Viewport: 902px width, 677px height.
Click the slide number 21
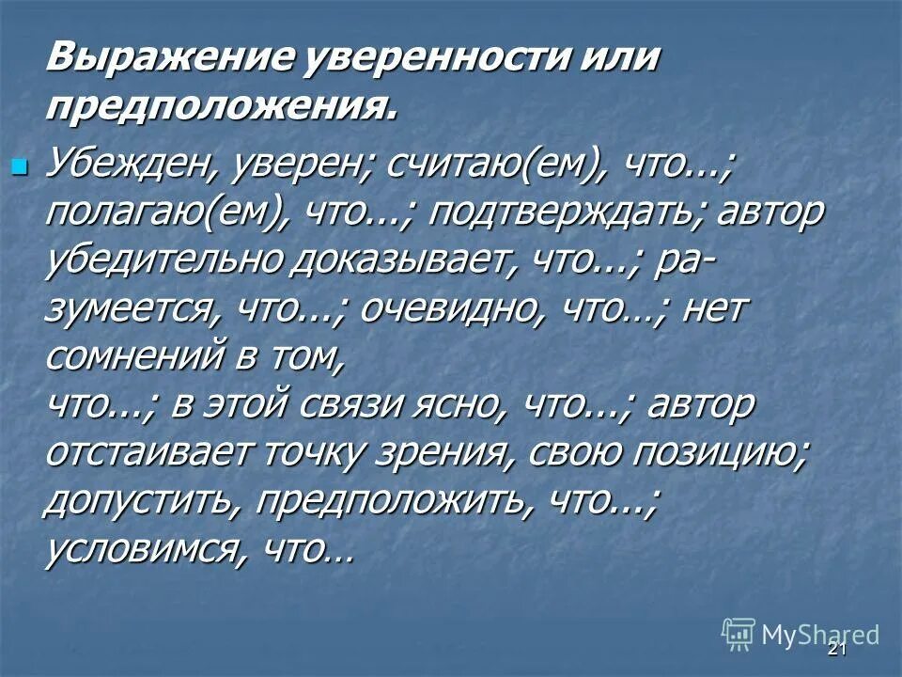837,651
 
